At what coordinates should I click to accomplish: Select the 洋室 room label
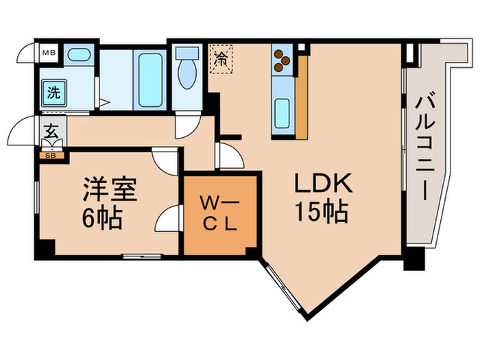[x=110, y=190]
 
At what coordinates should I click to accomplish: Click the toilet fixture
[x=186, y=73]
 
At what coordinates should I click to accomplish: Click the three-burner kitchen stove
[x=281, y=62]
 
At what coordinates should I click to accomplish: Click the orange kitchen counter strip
[x=300, y=96]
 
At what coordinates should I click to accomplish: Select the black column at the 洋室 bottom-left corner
[x=44, y=250]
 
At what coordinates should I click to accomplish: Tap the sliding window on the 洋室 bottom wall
[x=143, y=256]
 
